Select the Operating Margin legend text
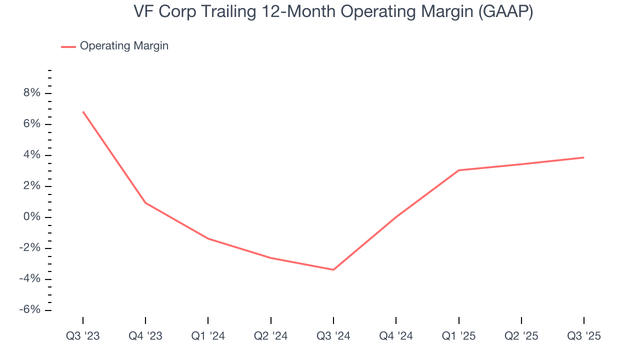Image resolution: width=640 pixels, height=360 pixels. pyautogui.click(x=124, y=46)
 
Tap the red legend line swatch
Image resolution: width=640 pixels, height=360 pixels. pyautogui.click(x=68, y=46)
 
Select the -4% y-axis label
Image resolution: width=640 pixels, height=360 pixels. pyautogui.click(x=28, y=279)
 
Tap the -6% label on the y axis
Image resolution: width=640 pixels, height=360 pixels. pyautogui.click(x=28, y=310)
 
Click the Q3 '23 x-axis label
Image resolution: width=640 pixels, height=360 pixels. pyautogui.click(x=83, y=336)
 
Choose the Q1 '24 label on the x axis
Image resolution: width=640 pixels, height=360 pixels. pyautogui.click(x=208, y=336)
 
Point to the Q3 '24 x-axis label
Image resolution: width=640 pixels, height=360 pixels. pyautogui.click(x=333, y=336)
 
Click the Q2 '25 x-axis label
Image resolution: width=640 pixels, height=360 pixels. pyautogui.click(x=521, y=336)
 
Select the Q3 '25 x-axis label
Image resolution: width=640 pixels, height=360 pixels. pyautogui.click(x=583, y=336)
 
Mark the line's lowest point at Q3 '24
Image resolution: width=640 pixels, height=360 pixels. pyautogui.click(x=333, y=269)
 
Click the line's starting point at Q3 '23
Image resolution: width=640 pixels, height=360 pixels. pyautogui.click(x=83, y=111)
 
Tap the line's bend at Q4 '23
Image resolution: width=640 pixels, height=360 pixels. pyautogui.click(x=145, y=203)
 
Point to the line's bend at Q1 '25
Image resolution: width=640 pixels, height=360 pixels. pyautogui.click(x=458, y=170)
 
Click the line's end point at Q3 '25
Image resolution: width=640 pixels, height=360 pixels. pyautogui.click(x=583, y=157)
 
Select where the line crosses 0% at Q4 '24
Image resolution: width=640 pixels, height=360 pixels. pyautogui.click(x=396, y=217)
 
